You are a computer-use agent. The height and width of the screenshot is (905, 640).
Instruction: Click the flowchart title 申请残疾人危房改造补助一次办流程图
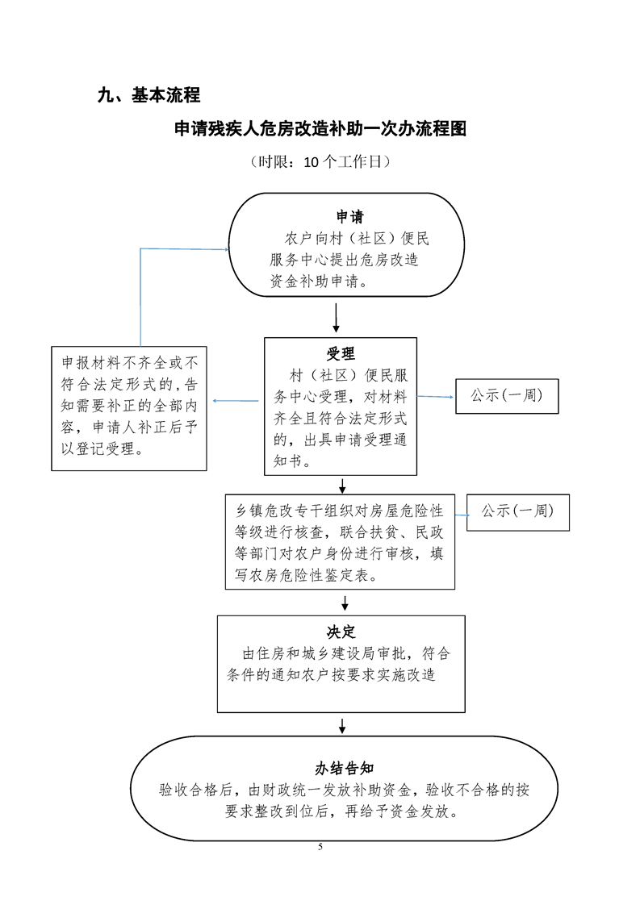pos(320,129)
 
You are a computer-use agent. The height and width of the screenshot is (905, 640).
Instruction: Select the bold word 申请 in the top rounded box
pos(349,217)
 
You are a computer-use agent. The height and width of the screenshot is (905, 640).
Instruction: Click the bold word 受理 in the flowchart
pos(341,353)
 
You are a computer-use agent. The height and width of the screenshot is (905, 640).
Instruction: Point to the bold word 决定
pos(341,632)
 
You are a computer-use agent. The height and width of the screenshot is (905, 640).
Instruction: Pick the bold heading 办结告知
pos(344,767)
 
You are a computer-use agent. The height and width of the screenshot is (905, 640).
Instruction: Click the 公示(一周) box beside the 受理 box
pos(506,396)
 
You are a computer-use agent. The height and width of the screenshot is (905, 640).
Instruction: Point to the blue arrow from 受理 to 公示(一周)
pos(436,397)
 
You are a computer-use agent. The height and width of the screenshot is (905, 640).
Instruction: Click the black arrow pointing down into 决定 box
pos(345,602)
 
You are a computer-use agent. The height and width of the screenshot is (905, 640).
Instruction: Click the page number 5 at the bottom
pos(320,847)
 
